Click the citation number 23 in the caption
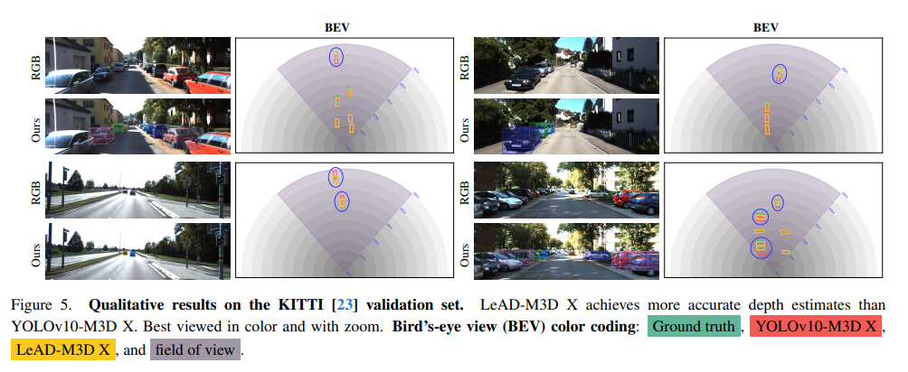(x=345, y=304)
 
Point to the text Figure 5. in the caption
(x=41, y=304)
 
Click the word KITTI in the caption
(x=304, y=304)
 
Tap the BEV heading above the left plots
(x=336, y=27)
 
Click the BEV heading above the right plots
(x=765, y=27)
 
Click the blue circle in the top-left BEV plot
(x=336, y=58)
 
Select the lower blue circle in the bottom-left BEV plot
(x=342, y=200)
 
